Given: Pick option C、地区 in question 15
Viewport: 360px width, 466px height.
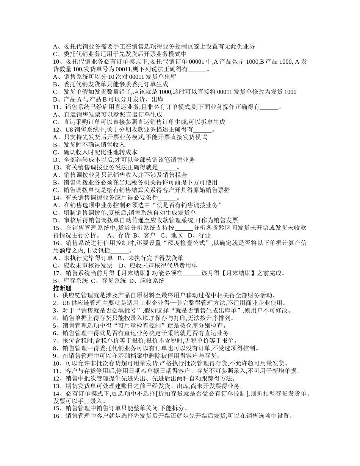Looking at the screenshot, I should (169, 235).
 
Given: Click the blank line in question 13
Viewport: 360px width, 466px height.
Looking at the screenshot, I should (166, 167).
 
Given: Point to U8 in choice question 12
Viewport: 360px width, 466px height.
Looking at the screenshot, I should (69, 130).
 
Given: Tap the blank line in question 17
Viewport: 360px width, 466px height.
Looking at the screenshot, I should (192, 273).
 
